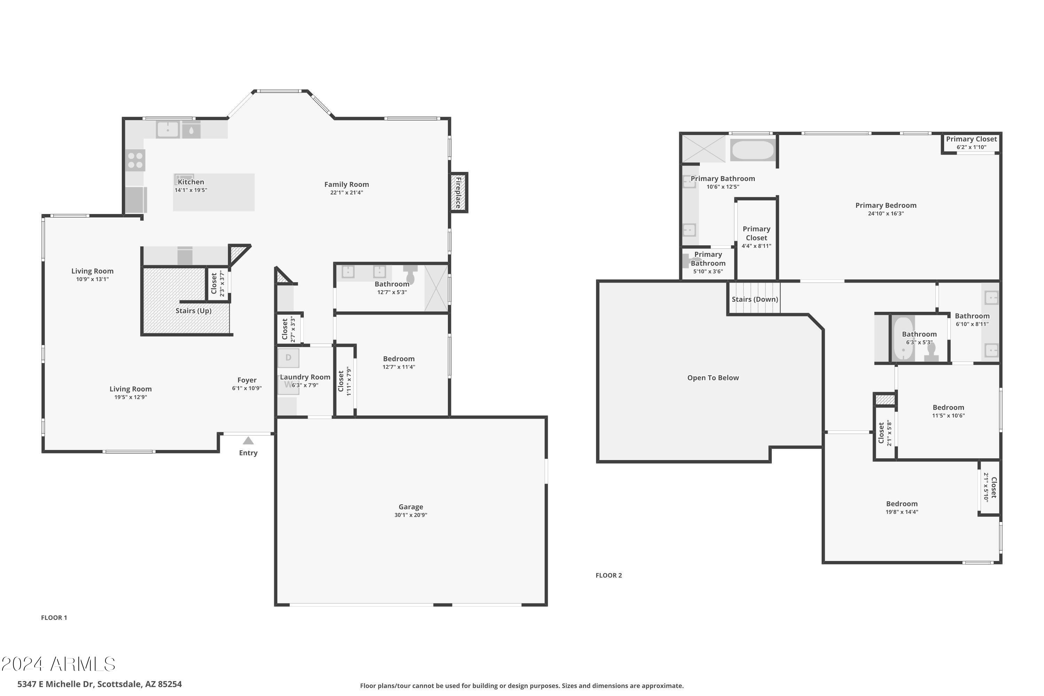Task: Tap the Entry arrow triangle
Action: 248,441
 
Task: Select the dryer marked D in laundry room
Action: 288,358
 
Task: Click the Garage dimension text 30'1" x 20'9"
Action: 411,515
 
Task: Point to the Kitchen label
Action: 191,182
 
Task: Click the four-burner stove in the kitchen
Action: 135,160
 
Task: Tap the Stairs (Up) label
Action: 193,311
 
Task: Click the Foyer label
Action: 247,380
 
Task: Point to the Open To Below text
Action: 713,378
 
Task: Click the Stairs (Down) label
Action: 754,299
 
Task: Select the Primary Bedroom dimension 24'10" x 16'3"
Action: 886,214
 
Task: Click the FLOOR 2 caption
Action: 609,575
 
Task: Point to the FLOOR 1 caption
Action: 54,617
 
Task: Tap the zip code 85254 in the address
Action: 169,684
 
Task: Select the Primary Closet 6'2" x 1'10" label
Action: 971,143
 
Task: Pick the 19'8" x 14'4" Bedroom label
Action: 902,507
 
